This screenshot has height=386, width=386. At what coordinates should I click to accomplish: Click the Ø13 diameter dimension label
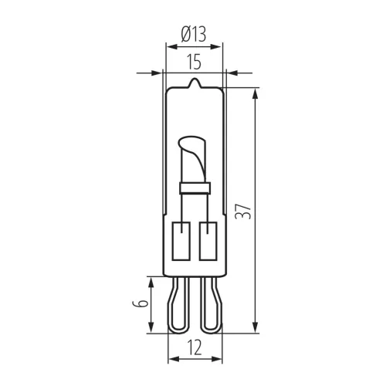193,34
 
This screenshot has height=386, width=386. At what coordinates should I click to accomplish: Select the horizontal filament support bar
194,186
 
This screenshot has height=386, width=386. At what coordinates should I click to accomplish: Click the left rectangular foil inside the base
182,242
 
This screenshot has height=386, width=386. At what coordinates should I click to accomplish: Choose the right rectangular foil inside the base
206,242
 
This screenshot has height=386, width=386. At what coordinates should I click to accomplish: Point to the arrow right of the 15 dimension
231,73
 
